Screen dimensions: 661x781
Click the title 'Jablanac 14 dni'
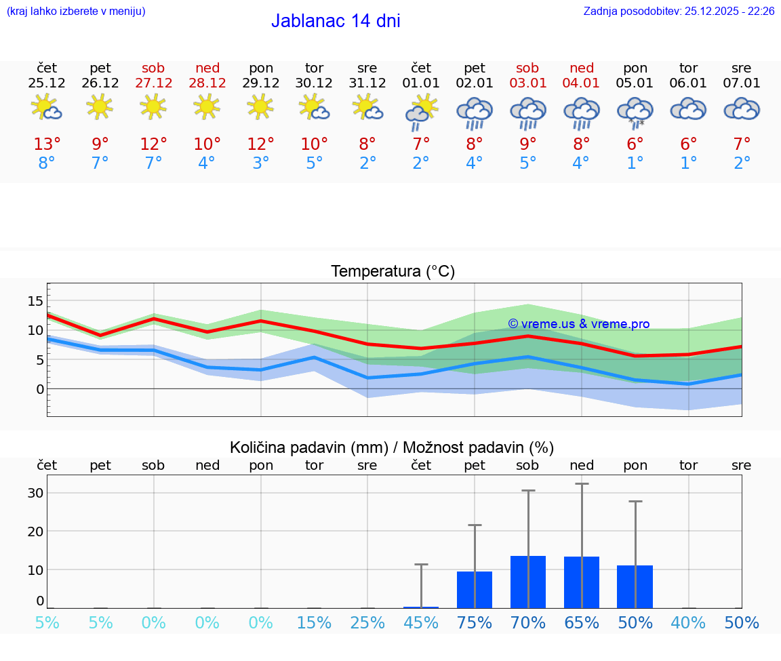click(336, 21)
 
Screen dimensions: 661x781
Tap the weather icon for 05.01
click(635, 112)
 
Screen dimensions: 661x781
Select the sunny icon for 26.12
click(100, 106)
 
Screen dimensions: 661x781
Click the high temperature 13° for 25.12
click(47, 144)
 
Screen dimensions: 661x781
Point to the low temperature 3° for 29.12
click(261, 163)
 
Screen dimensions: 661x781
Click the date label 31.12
click(367, 83)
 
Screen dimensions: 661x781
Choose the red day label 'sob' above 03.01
click(527, 68)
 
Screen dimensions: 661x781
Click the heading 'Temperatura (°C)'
click(393, 272)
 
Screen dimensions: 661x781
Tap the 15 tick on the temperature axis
click(35, 300)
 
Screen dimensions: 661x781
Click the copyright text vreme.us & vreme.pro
click(578, 324)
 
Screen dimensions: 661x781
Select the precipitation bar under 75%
click(475, 590)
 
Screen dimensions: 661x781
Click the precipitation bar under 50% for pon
click(635, 586)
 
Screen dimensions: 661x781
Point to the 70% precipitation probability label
click(527, 622)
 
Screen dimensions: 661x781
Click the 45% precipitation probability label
click(421, 622)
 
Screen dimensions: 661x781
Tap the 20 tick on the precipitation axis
click(35, 531)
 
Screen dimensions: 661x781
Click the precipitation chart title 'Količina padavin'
click(308, 447)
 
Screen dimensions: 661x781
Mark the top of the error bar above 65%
click(582, 484)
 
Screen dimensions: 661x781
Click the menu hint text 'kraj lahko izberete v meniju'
click(75, 11)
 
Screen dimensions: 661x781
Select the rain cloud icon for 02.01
click(475, 112)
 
